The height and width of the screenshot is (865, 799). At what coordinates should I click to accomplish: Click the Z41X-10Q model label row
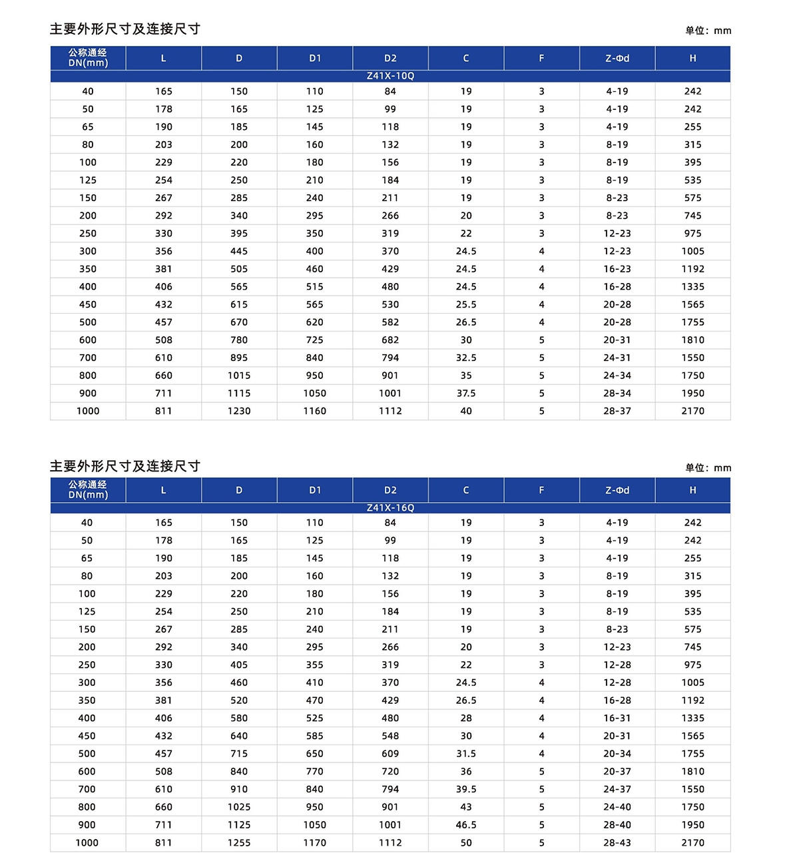click(390, 76)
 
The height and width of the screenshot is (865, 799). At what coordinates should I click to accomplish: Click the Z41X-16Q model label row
click(390, 508)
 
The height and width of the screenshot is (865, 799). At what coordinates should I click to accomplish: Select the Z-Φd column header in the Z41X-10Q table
click(617, 59)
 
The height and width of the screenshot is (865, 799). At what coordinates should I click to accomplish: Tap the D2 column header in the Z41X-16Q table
click(390, 490)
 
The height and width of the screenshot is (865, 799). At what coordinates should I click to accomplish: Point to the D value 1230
click(239, 412)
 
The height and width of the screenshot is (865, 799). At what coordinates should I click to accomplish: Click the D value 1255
click(239, 843)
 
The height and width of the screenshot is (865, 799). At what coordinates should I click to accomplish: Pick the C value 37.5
click(466, 394)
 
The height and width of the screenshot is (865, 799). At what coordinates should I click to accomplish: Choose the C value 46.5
click(466, 825)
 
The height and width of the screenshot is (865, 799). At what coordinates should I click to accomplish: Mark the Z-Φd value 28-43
click(617, 843)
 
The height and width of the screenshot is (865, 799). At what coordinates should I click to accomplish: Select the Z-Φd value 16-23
click(617, 269)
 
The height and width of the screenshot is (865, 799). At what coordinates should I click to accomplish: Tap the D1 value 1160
click(315, 412)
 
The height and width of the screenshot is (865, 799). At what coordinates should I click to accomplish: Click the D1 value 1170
click(315, 843)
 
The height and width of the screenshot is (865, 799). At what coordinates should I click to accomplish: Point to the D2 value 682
click(390, 340)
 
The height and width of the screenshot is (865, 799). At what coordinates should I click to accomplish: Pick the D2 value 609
click(390, 754)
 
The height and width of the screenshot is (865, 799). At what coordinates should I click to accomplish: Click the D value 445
click(239, 252)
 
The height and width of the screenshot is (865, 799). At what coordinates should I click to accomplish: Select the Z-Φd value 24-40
click(617, 807)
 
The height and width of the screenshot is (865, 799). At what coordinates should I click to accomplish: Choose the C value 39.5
click(466, 790)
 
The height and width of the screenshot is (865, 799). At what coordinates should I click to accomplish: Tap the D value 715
click(239, 754)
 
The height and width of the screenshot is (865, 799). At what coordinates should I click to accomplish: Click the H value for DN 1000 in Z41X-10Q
click(692, 412)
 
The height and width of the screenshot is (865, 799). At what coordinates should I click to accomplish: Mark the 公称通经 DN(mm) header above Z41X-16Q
click(88, 490)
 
